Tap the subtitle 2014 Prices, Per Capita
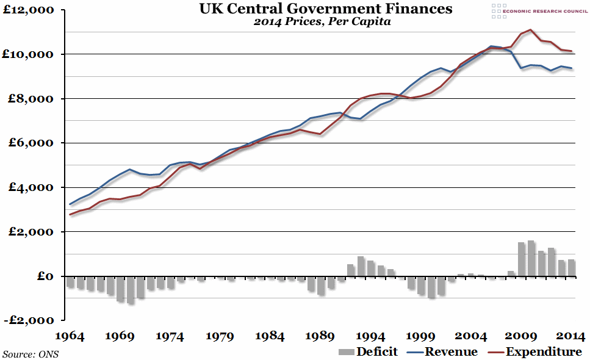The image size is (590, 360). (322, 23)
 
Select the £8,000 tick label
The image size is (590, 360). (30, 99)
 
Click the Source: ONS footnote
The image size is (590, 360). (31, 354)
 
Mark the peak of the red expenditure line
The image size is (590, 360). (531, 29)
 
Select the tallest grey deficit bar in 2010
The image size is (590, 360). (531, 259)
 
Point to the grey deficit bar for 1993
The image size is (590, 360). (361, 267)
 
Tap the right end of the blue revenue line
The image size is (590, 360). (571, 68)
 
